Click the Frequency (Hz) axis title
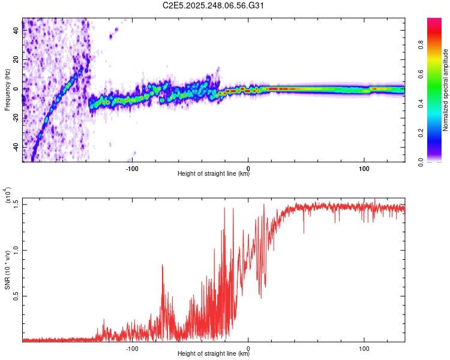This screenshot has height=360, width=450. [7, 90]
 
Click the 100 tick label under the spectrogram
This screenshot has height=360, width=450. [364, 167]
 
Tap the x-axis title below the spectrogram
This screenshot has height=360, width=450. [214, 174]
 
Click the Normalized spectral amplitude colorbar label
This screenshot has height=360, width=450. [446, 90]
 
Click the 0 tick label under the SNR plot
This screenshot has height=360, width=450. [248, 347]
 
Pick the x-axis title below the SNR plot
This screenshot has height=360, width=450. [214, 354]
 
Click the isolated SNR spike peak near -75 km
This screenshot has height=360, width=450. [163, 265]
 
